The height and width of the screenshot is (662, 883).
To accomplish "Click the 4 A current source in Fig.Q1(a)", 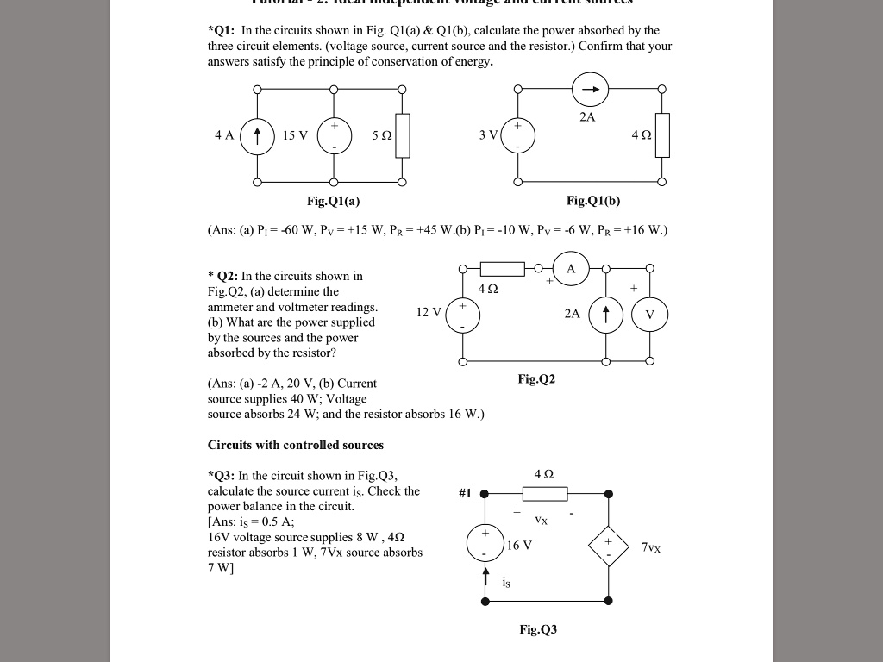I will coord(257,136).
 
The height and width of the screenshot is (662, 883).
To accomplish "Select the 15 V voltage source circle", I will coord(335,136).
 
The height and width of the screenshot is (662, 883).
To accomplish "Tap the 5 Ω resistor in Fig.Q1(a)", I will coord(403,136).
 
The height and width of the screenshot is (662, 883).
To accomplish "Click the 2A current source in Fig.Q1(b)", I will coord(591,89).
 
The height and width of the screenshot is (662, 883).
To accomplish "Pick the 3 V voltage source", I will coord(517,135).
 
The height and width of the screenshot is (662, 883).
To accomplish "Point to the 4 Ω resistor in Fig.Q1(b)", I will coord(662,135).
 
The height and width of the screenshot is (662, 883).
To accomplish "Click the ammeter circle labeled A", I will coord(570,267).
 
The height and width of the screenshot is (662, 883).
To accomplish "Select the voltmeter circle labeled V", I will coord(649,315).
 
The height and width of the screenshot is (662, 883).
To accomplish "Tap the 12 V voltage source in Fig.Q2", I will coord(463,315).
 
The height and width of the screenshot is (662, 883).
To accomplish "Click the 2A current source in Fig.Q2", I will coord(606,315).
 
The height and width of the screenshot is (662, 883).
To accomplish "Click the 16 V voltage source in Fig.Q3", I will coord(485,543).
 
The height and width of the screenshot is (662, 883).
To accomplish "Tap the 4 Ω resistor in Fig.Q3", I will coord(543,494).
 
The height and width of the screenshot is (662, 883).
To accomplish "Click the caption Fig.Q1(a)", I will coord(333,201).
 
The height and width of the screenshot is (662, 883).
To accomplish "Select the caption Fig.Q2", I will coord(536,378).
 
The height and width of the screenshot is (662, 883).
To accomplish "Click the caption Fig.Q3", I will coord(538,629).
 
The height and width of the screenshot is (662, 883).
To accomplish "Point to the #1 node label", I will coord(465,493).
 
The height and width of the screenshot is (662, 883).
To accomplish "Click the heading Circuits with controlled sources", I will coord(296,445).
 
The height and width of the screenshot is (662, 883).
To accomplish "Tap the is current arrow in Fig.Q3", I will coord(485,576).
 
